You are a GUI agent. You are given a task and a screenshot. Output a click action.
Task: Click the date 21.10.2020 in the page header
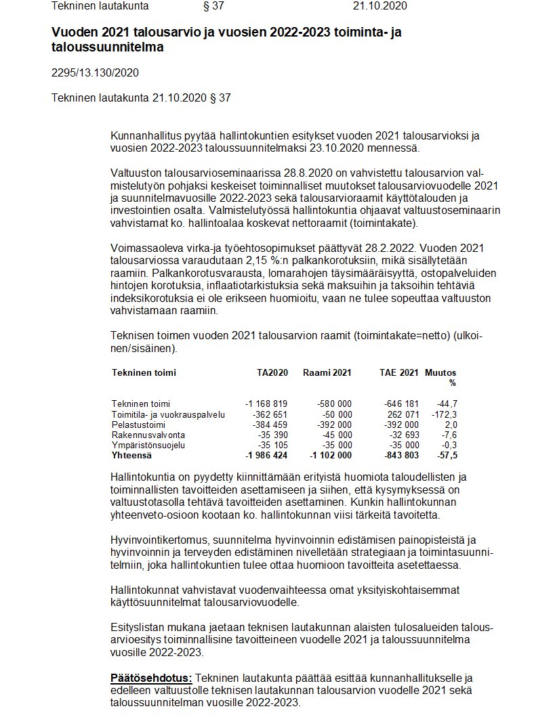(380, 6)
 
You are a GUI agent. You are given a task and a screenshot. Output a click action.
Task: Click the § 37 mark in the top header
(213, 6)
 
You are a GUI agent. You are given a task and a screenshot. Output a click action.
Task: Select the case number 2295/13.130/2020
(96, 72)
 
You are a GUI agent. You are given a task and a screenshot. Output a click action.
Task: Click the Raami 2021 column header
(327, 372)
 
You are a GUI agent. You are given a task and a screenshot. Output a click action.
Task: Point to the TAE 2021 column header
(399, 372)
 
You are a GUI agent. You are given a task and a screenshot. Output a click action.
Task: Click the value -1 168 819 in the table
(266, 404)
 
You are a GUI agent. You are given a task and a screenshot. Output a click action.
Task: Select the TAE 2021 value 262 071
(403, 414)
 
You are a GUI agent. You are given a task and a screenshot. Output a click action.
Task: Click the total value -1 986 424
(266, 456)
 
